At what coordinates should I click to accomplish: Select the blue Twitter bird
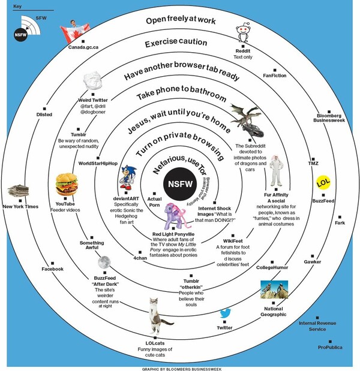(225, 313)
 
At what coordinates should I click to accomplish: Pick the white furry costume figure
(275, 171)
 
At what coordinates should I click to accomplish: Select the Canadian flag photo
(77, 29)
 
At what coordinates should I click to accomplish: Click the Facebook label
(52, 269)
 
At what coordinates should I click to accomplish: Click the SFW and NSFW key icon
(25, 29)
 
